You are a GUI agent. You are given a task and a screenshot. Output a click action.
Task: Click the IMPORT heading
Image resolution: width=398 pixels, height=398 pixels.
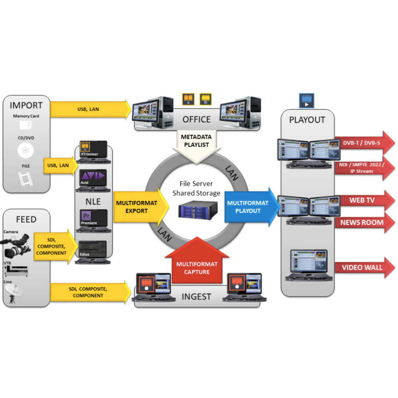(x=26, y=105)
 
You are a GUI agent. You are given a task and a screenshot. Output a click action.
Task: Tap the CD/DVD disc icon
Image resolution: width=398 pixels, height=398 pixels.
(x=26, y=151)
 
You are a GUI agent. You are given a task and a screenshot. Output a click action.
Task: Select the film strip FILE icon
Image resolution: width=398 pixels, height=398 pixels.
(x=26, y=179)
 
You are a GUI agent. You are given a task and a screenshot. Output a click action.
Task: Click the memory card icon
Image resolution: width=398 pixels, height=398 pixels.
(x=26, y=125)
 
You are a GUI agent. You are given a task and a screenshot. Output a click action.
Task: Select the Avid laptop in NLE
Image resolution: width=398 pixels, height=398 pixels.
(x=93, y=179)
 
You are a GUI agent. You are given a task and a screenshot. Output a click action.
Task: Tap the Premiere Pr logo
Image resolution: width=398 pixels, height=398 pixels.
(x=86, y=216)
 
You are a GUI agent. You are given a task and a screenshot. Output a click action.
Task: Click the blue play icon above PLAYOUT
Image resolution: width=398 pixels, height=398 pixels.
(x=306, y=100)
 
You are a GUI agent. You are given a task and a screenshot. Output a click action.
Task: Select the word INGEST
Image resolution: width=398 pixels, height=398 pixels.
(x=196, y=297)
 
